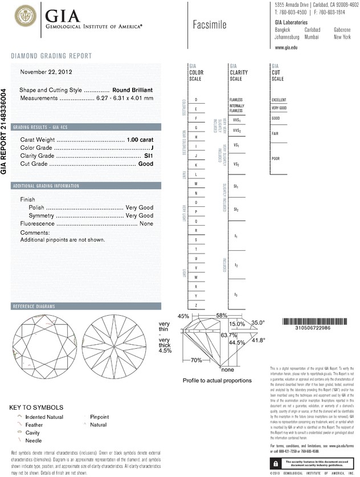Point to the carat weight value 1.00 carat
(x=140, y=140)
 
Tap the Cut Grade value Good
(x=146, y=164)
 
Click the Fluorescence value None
(x=146, y=224)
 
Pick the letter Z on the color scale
(x=196, y=305)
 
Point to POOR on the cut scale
(x=276, y=158)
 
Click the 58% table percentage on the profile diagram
(x=222, y=315)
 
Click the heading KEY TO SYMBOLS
(x=37, y=407)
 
